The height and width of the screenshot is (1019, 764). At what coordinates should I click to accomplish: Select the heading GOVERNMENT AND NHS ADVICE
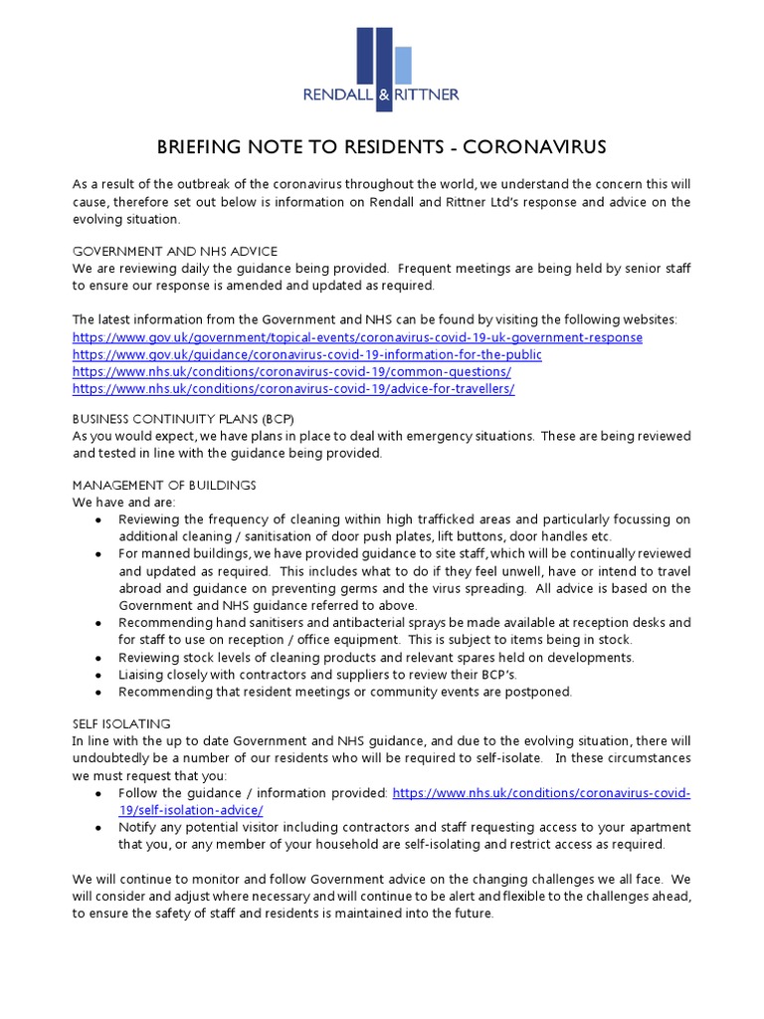[x=174, y=251]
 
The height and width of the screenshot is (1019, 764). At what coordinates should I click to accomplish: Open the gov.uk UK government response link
[x=357, y=337]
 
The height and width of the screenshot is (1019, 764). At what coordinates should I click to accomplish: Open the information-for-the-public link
[x=307, y=354]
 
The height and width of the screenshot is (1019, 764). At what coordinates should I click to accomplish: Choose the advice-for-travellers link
[x=293, y=388]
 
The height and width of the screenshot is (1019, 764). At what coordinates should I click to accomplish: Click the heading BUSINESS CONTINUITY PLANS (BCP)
[x=183, y=419]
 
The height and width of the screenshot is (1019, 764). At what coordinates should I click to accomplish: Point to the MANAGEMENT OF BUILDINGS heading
[x=164, y=485]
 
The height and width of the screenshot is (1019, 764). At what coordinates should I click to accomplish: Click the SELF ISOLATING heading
[x=121, y=723]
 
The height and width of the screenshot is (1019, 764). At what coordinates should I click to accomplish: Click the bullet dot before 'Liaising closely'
[x=96, y=676]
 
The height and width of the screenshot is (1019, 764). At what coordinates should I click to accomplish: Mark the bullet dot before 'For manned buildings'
[x=96, y=554]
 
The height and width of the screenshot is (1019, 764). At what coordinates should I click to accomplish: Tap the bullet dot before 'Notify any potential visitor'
[x=96, y=828]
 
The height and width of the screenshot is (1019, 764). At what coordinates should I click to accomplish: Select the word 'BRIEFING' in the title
[x=202, y=148]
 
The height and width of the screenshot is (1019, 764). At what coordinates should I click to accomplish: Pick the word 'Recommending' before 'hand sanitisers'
[x=164, y=623]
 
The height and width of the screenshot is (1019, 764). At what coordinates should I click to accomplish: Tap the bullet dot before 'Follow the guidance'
[x=96, y=794]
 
